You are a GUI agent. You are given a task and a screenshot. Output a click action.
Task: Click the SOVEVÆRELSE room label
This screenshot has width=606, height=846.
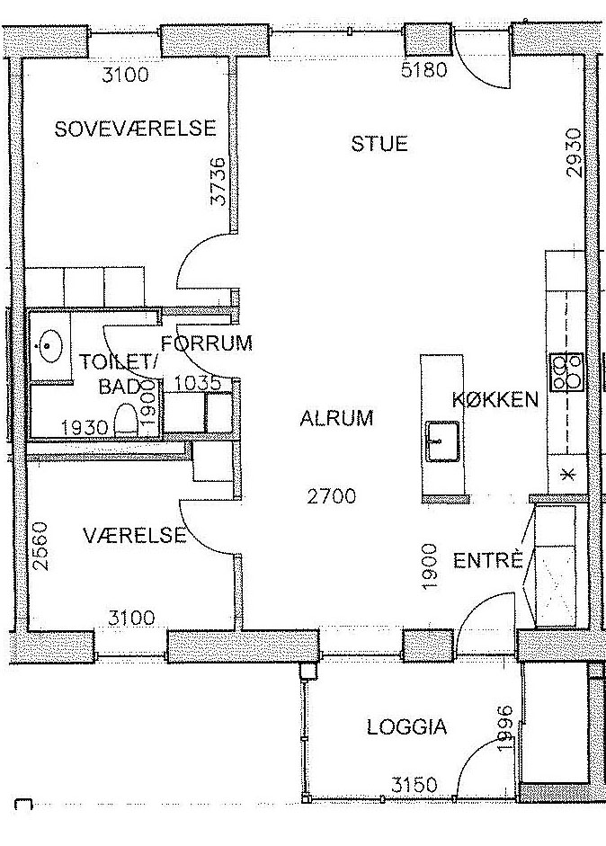[135, 129]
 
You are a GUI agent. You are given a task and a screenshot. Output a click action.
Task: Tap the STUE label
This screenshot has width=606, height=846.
[379, 144]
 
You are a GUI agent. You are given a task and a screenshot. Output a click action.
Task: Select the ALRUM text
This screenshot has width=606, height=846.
[337, 418]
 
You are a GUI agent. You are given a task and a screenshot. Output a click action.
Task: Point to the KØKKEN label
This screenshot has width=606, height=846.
[495, 399]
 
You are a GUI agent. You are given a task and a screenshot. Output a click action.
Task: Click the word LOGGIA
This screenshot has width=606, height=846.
[407, 726]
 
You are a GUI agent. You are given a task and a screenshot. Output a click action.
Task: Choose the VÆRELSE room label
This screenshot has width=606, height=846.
[135, 535]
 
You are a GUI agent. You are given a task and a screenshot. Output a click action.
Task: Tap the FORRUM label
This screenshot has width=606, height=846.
[207, 343]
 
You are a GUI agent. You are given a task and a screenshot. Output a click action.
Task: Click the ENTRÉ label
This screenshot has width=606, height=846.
[488, 560]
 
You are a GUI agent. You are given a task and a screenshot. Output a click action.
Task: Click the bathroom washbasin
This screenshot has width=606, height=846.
[49, 344]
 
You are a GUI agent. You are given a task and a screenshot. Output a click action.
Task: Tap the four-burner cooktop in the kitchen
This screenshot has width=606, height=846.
[566, 371]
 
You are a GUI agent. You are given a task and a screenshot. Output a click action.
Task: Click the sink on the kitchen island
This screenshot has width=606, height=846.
[442, 441]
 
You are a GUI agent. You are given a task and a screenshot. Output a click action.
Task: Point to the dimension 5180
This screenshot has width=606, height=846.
[424, 69]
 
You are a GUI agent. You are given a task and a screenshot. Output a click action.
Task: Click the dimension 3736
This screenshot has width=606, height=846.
[218, 181]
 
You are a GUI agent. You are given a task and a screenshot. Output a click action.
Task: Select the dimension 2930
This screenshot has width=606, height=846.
[575, 153]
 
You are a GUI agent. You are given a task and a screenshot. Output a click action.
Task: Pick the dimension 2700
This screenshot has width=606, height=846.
[332, 496]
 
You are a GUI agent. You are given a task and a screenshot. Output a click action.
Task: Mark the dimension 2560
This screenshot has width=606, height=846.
[40, 546]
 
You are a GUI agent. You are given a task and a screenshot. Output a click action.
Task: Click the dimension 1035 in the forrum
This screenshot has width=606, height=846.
[198, 383]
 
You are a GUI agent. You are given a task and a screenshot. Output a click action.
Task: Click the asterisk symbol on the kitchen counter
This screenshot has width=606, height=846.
[566, 475]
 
